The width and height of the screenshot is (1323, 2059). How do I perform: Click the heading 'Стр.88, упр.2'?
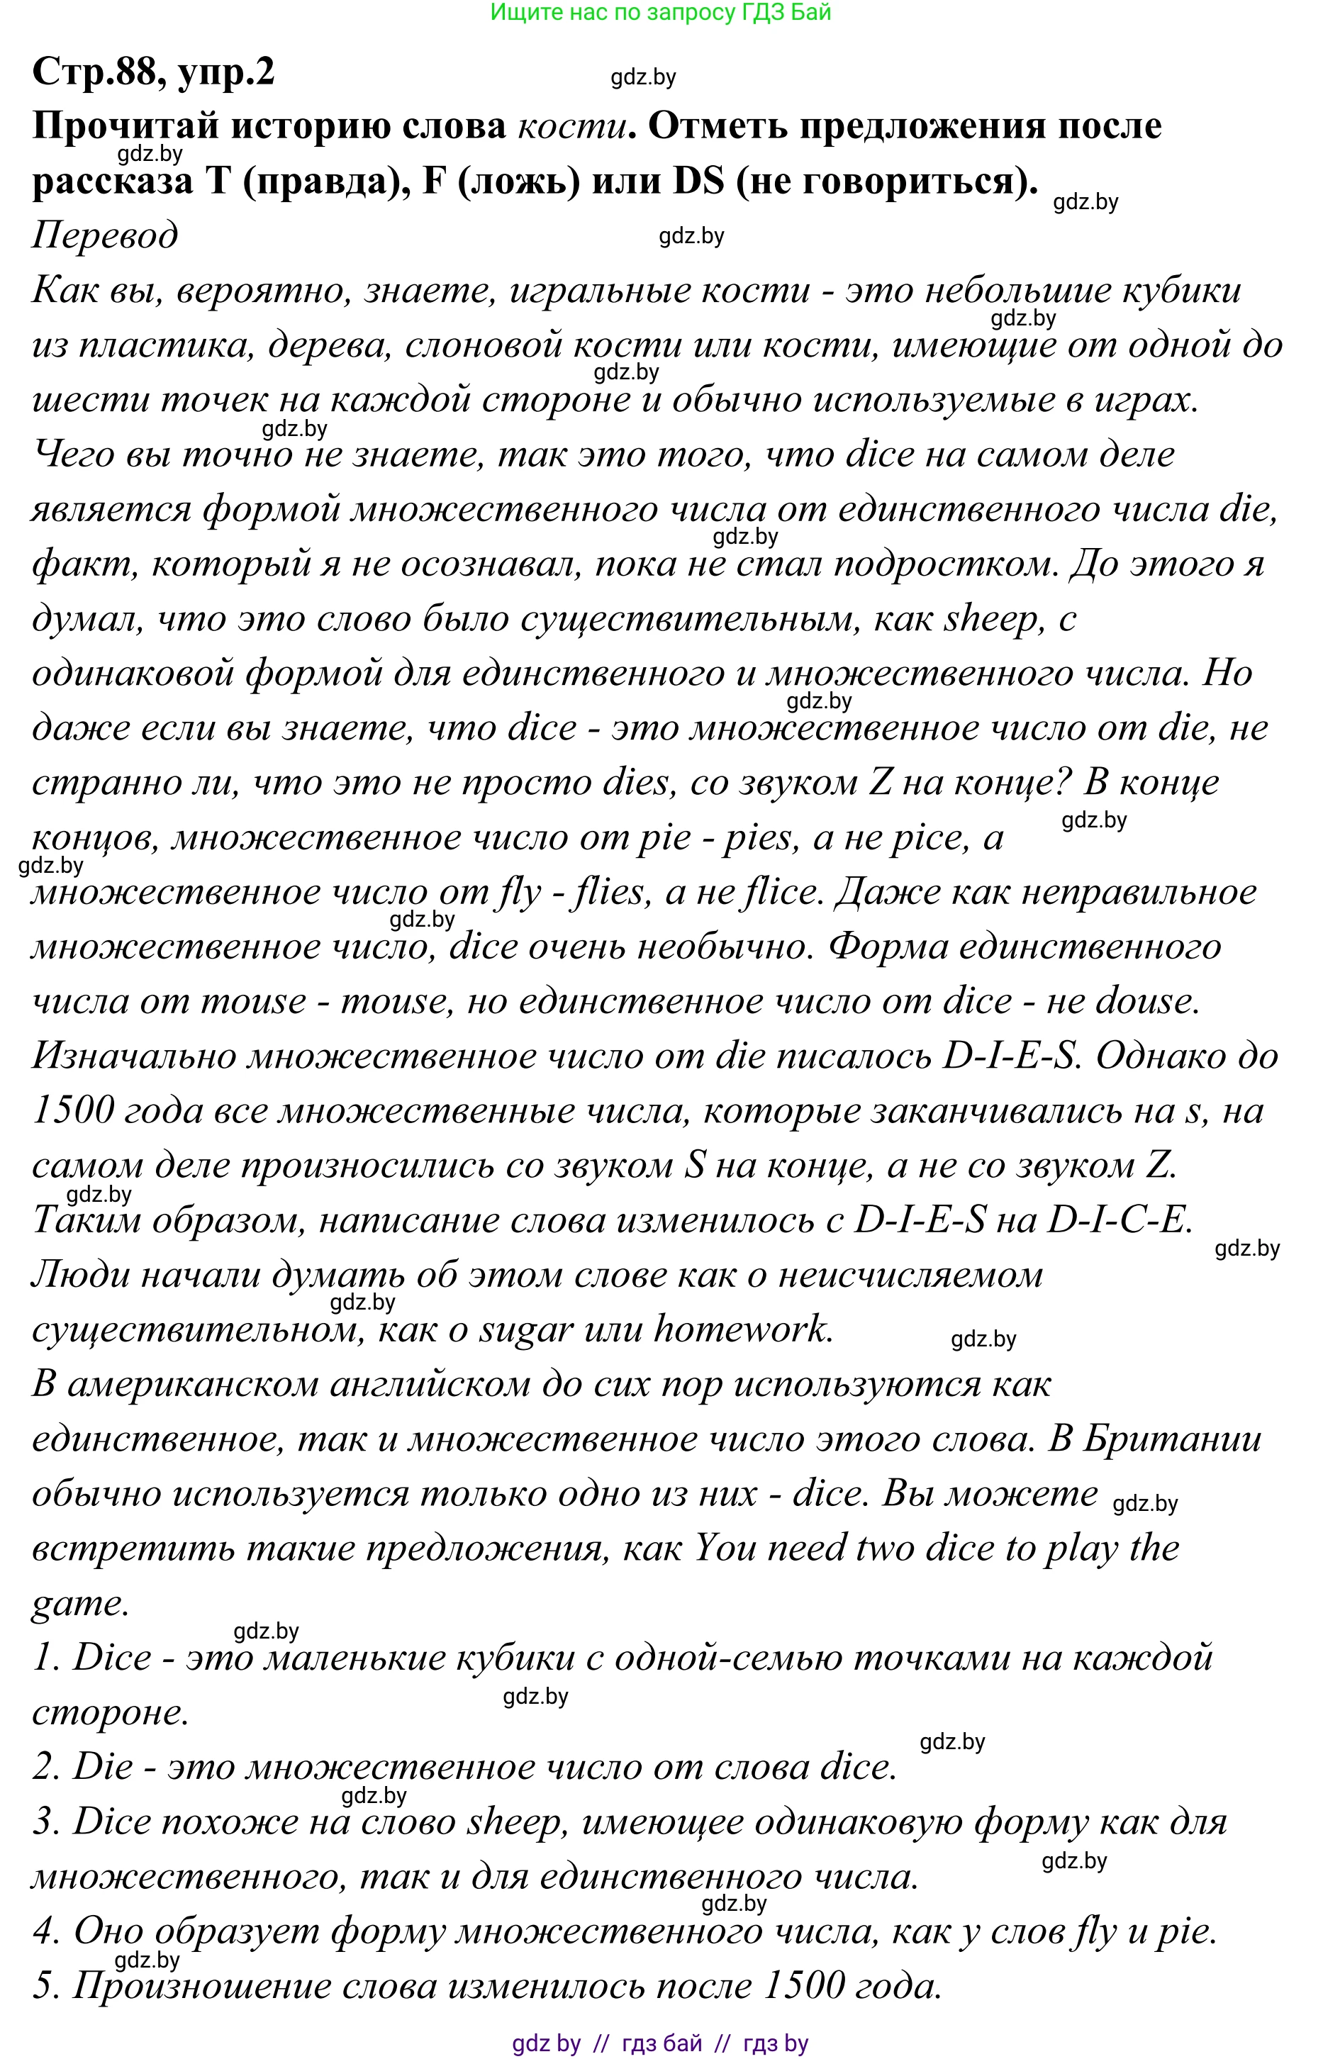pos(153,72)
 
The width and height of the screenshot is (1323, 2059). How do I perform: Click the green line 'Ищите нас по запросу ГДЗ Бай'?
pos(660,12)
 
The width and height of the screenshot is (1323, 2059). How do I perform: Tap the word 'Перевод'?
pos(105,235)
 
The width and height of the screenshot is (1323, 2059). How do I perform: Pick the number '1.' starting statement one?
pos(45,1658)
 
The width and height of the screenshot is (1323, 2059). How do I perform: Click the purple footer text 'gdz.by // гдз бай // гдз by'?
pos(660,2043)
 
